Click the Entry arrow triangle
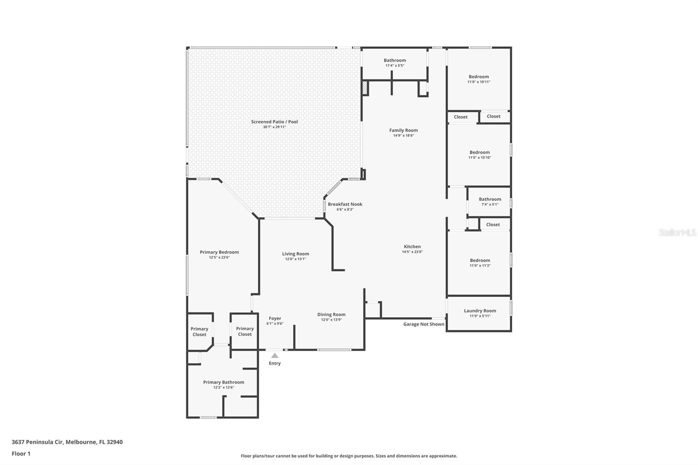point(274,356)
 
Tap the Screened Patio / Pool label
point(274,122)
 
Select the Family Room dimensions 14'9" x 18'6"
point(403,136)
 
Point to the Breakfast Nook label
point(345,204)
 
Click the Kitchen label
point(412,246)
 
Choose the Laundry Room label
point(480,311)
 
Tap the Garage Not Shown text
point(424,324)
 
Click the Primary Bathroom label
point(223,382)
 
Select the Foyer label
point(275,318)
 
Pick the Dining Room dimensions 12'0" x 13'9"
point(331,320)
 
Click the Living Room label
point(295,254)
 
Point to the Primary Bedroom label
point(219,252)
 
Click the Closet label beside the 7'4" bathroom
point(493,225)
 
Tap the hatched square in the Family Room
point(365,89)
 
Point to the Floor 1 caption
point(21,454)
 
